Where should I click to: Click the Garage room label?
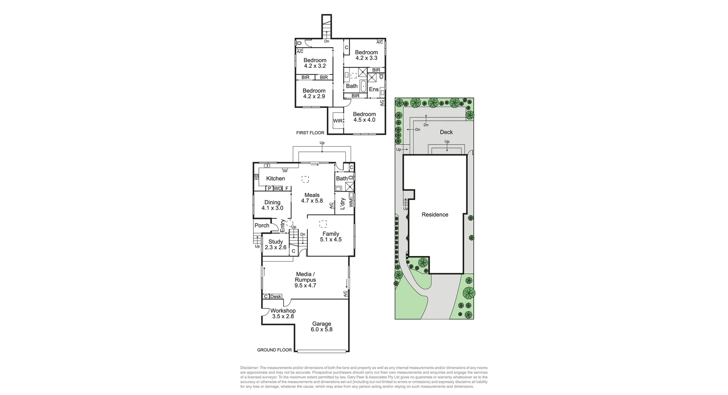point(322,326)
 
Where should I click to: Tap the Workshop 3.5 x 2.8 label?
point(283,314)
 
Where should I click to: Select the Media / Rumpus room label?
point(305,280)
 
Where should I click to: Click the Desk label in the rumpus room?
point(276,297)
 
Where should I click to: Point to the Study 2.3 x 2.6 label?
point(276,244)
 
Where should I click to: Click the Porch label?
point(262,225)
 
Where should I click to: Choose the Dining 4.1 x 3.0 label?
point(272,205)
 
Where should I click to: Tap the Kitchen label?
point(275,178)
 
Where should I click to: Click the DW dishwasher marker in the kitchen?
point(285,171)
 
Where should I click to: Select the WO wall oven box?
point(278,188)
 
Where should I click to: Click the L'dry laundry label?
point(342,204)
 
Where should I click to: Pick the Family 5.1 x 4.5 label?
point(331,237)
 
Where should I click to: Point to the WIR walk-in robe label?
point(338,121)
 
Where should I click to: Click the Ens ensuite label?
point(373,89)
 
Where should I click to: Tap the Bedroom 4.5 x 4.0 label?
point(364,117)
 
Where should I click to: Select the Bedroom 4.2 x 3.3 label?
point(366,55)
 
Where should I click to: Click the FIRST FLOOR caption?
point(310,133)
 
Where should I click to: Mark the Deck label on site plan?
point(446,132)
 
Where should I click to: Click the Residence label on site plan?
point(435,214)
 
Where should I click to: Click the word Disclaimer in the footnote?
point(249,368)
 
